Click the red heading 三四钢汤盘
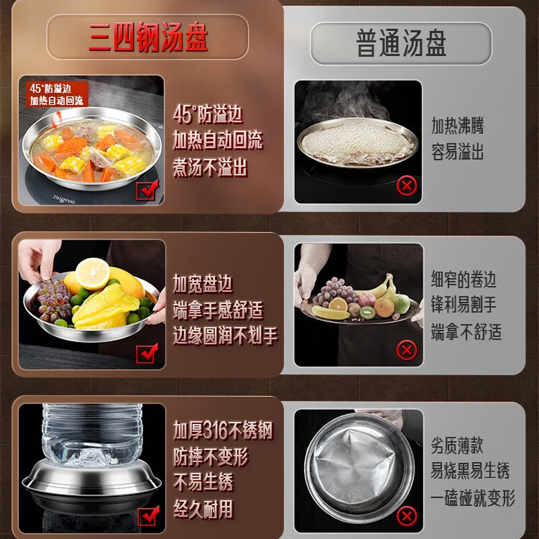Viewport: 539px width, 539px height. tap(148, 38)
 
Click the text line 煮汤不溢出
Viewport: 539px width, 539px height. tap(210, 168)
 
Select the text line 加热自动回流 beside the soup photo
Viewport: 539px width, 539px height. tap(217, 141)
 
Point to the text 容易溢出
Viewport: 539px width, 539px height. tap(457, 152)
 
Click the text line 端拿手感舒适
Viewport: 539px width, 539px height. tap(217, 311)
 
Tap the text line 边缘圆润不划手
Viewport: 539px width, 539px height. tap(225, 336)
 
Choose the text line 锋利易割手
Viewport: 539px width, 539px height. tap(464, 305)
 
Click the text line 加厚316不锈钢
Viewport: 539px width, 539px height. tap(223, 431)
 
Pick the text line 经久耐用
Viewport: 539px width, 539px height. tap(203, 508)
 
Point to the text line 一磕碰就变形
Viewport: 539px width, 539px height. tap(472, 498)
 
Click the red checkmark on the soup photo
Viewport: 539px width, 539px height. tap(147, 191)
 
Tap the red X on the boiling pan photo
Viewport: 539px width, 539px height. tap(406, 185)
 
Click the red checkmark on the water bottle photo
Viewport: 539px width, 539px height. tap(147, 515)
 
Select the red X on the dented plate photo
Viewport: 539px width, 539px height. tap(406, 516)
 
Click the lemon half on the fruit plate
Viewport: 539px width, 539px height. tap(92, 273)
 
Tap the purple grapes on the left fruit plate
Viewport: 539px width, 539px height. tap(54, 299)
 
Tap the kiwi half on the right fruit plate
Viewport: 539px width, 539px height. tap(367, 313)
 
